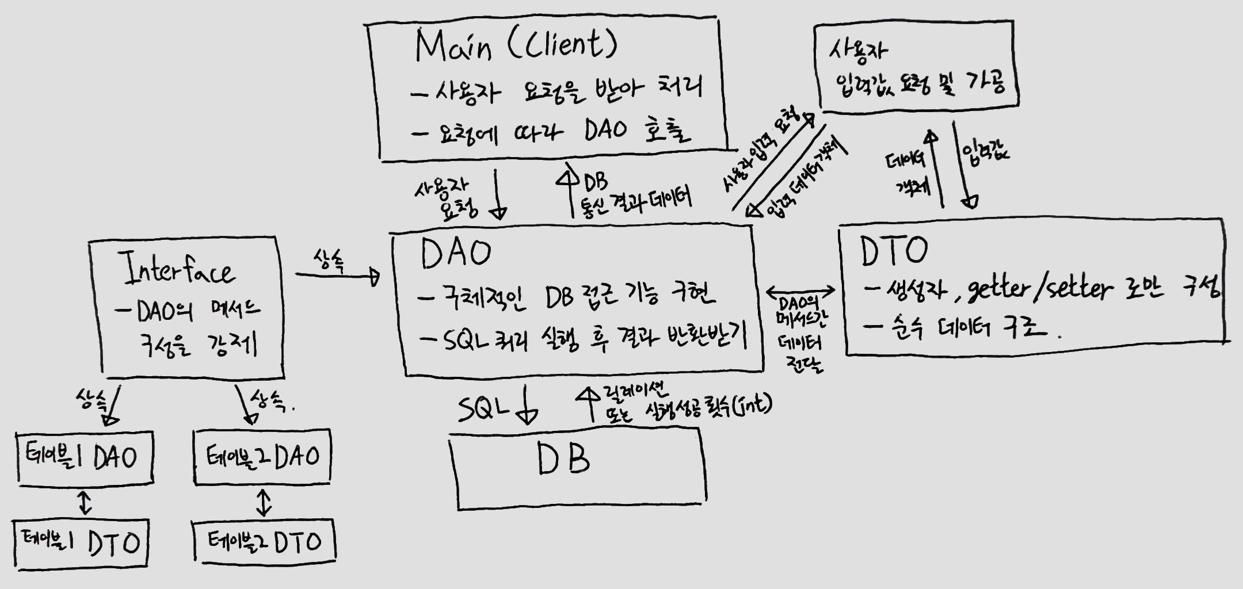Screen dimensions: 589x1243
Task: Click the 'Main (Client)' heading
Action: pyautogui.click(x=516, y=46)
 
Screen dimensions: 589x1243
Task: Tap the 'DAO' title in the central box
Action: pyautogui.click(x=456, y=254)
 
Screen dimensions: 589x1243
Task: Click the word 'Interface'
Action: pyautogui.click(x=180, y=270)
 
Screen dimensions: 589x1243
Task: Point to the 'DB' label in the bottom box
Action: pyautogui.click(x=564, y=460)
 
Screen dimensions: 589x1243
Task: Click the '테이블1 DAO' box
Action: pyautogui.click(x=85, y=457)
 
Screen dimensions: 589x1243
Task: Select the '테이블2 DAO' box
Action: pyautogui.click(x=262, y=457)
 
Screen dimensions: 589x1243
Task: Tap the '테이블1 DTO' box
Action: pyautogui.click(x=81, y=543)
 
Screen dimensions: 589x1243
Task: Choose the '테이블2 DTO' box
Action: pyautogui.click(x=264, y=542)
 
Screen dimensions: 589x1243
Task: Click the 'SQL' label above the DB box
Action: pyautogui.click(x=483, y=409)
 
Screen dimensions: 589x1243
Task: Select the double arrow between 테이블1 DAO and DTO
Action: pyautogui.click(x=85, y=502)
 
